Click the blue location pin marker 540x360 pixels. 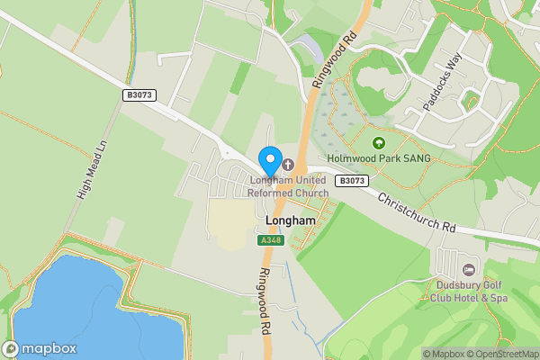[269, 160]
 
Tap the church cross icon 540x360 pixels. [288, 165]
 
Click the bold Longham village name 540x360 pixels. [291, 220]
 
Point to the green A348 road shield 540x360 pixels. [269, 240]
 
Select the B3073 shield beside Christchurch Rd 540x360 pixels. [352, 181]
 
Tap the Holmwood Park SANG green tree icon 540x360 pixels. [378, 142]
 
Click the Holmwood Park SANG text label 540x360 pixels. [379, 158]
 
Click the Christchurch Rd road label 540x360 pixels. [416, 213]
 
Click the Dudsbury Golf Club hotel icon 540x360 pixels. [468, 270]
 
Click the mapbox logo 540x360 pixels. [40, 348]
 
